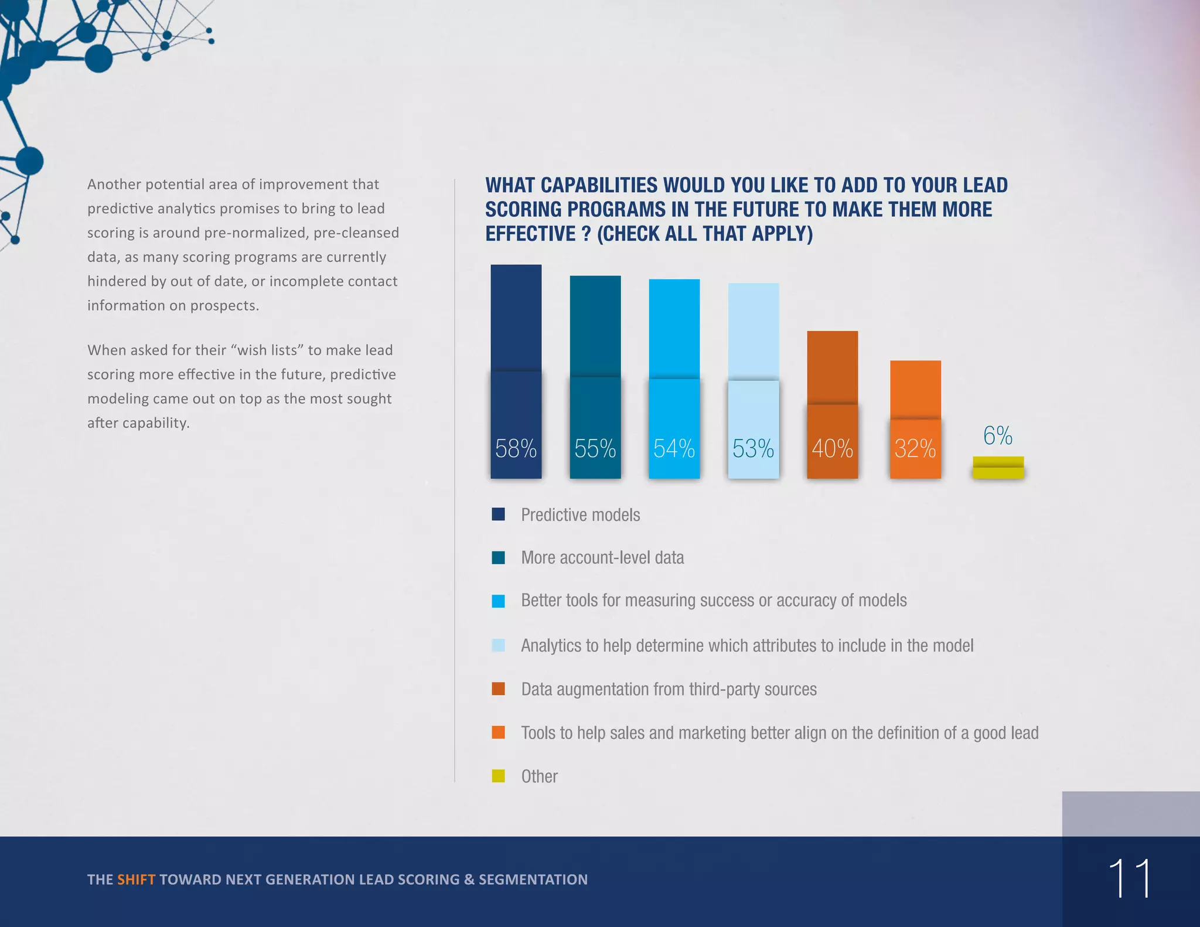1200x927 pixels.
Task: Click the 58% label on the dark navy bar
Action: pyautogui.click(x=516, y=449)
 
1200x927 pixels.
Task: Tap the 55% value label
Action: pyautogui.click(x=595, y=449)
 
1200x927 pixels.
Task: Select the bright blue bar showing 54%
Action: pyautogui.click(x=674, y=352)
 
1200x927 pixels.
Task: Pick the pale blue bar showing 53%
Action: pyautogui.click(x=753, y=352)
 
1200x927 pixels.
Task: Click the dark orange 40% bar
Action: pyautogui.click(x=832, y=381)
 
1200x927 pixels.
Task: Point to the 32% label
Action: pyautogui.click(x=915, y=449)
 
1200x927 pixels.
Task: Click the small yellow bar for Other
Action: pyautogui.click(x=998, y=468)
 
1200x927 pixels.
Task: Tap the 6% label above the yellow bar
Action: pyautogui.click(x=997, y=435)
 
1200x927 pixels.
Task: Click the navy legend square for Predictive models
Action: pyautogui.click(x=498, y=514)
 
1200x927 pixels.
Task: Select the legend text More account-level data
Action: pyautogui.click(x=602, y=557)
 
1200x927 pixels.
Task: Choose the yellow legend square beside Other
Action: pyautogui.click(x=498, y=776)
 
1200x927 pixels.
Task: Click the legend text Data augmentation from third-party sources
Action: pyautogui.click(x=669, y=689)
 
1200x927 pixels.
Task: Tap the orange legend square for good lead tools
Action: pyautogui.click(x=498, y=732)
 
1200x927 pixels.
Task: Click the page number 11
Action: pyautogui.click(x=1129, y=878)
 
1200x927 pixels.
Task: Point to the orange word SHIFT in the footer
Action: pyautogui.click(x=136, y=880)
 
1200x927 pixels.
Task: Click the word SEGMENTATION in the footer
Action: pyautogui.click(x=533, y=880)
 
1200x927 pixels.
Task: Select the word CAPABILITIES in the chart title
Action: pyautogui.click(x=599, y=185)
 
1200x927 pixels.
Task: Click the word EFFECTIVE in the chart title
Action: pyautogui.click(x=530, y=234)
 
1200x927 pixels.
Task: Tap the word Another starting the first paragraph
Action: pyautogui.click(x=114, y=185)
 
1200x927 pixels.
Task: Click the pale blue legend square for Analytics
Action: pyautogui.click(x=498, y=645)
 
